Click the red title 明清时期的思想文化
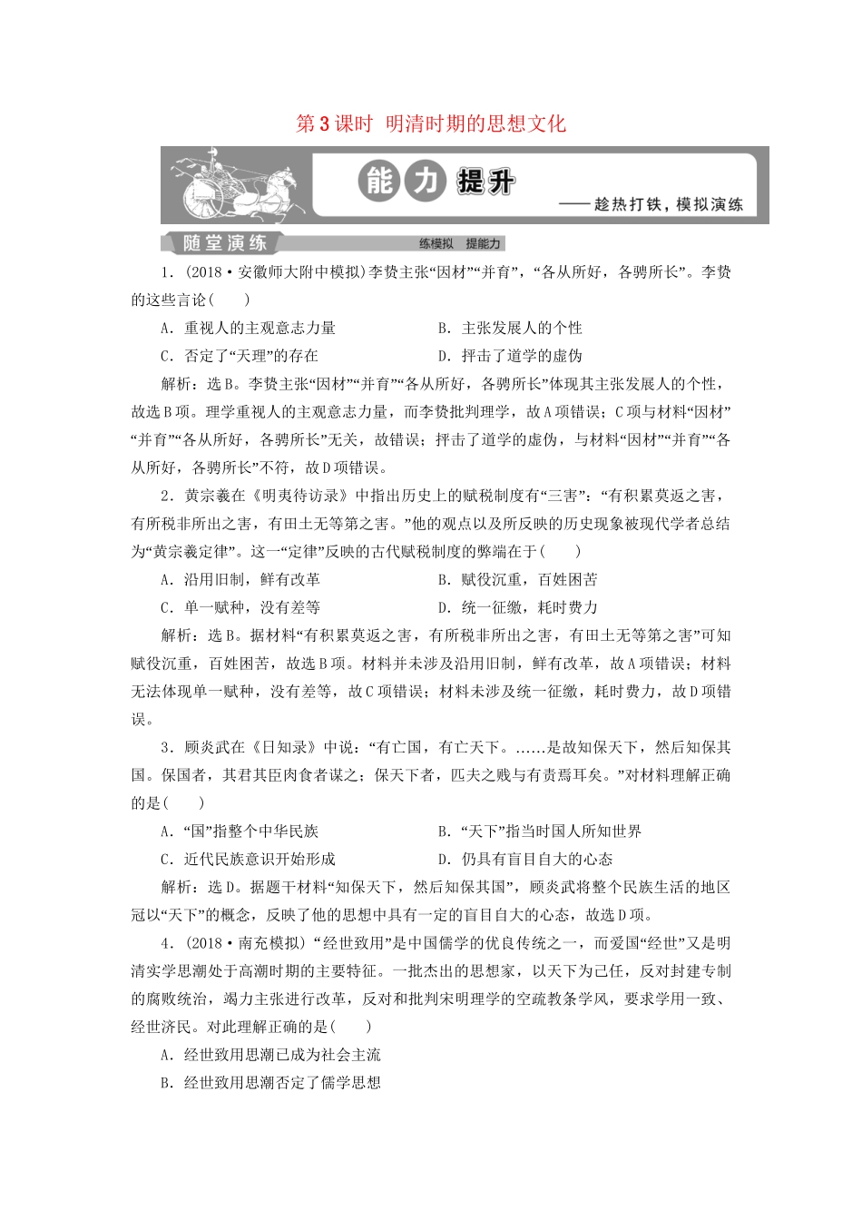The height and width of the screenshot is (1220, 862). pyautogui.click(x=475, y=123)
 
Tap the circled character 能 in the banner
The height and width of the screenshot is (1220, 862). pyautogui.click(x=378, y=182)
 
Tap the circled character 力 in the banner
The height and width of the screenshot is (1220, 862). pyautogui.click(x=425, y=182)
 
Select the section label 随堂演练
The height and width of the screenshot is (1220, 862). pyautogui.click(x=225, y=243)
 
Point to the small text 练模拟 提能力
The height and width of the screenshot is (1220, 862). pyautogui.click(x=459, y=243)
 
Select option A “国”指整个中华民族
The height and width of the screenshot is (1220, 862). pyautogui.click(x=240, y=831)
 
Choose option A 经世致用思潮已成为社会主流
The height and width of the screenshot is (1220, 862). pyautogui.click(x=271, y=1054)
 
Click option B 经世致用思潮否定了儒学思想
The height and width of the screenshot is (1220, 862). pyautogui.click(x=271, y=1082)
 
